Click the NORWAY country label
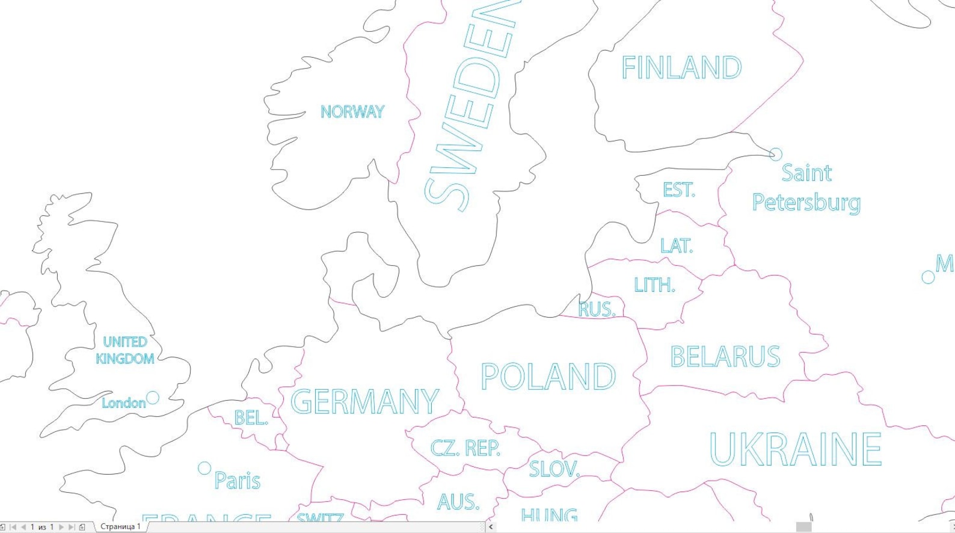[352, 112]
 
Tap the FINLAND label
[681, 67]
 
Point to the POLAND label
[548, 377]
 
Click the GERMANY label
[364, 402]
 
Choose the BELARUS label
[725, 357]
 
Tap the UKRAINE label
[795, 449]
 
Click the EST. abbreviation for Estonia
[678, 191]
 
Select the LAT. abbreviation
[676, 246]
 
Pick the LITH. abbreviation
[654, 285]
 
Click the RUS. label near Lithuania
[597, 309]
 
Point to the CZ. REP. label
[465, 448]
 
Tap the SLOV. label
[554, 469]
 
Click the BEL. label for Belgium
[251, 417]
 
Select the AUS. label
[458, 502]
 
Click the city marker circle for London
[153, 398]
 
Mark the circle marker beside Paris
[204, 468]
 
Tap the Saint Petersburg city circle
[776, 155]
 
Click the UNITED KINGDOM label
[125, 350]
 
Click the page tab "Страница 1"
[120, 526]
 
